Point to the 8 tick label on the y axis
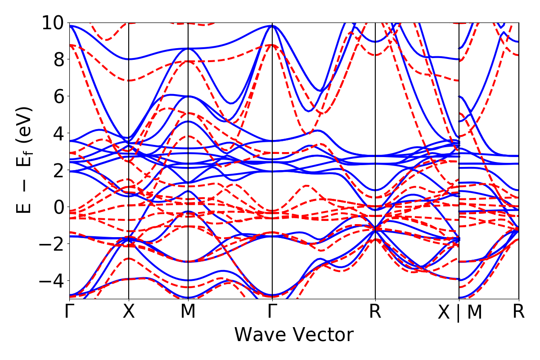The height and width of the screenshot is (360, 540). pos(57,59)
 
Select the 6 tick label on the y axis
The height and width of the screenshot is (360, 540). pos(57,96)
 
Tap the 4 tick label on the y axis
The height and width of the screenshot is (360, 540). pos(57,133)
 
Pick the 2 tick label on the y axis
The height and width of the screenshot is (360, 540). pos(57,170)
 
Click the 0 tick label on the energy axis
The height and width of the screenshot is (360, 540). pos(57,207)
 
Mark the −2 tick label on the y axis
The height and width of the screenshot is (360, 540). pos(51,244)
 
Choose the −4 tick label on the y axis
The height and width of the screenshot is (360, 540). pos(51,281)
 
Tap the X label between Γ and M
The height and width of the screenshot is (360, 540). pos(129,312)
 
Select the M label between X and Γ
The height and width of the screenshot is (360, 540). pos(188,312)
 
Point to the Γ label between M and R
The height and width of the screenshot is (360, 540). pos(272,312)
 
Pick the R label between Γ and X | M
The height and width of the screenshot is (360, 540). pos(375,312)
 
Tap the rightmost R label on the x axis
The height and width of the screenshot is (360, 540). pos(519,312)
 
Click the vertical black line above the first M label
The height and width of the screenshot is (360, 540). pos(188,135)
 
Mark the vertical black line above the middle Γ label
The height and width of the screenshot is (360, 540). pos(272,135)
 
